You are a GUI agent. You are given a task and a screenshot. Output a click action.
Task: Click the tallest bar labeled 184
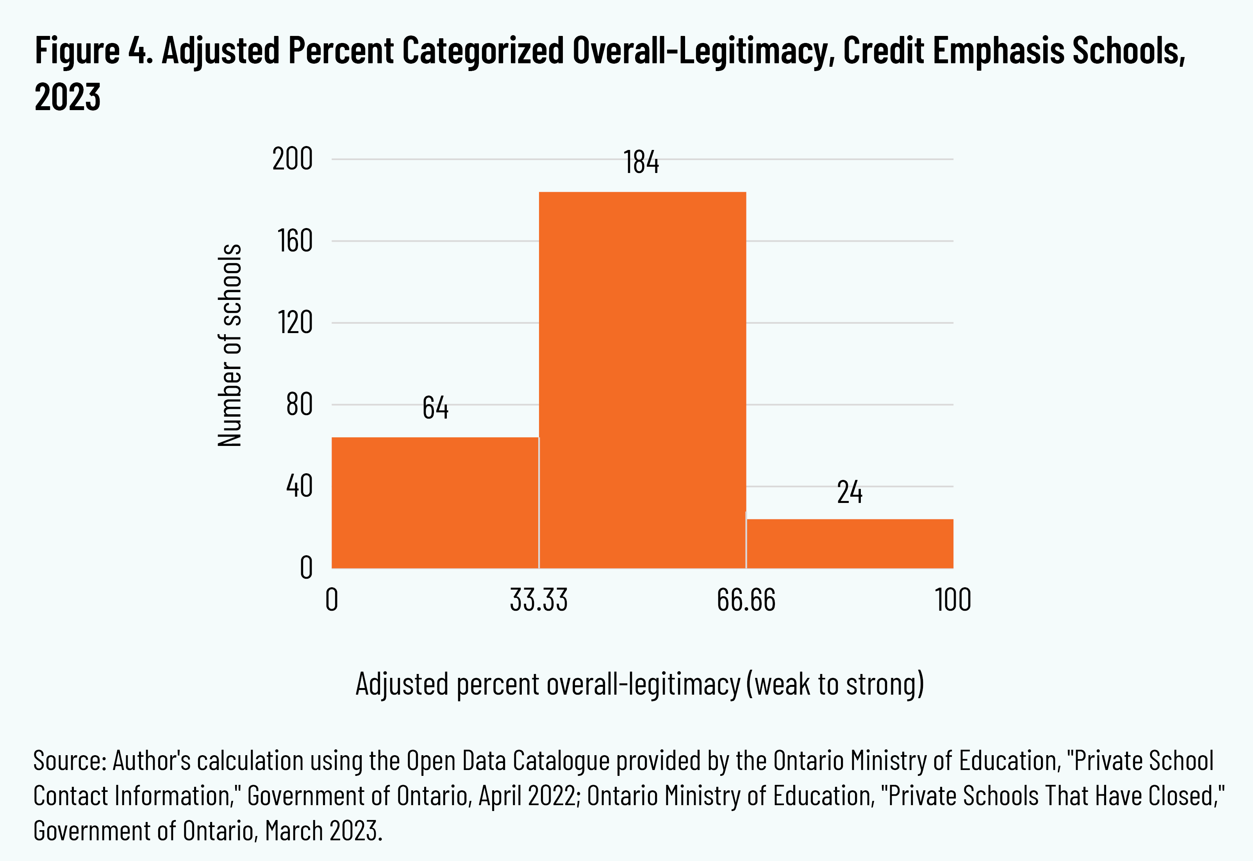tap(642, 380)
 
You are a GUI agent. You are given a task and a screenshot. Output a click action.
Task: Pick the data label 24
tap(850, 492)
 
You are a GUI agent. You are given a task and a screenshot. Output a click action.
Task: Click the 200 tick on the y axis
tap(293, 160)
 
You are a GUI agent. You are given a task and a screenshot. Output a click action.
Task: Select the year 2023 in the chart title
tap(68, 98)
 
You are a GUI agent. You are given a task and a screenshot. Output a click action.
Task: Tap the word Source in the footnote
tap(69, 761)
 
